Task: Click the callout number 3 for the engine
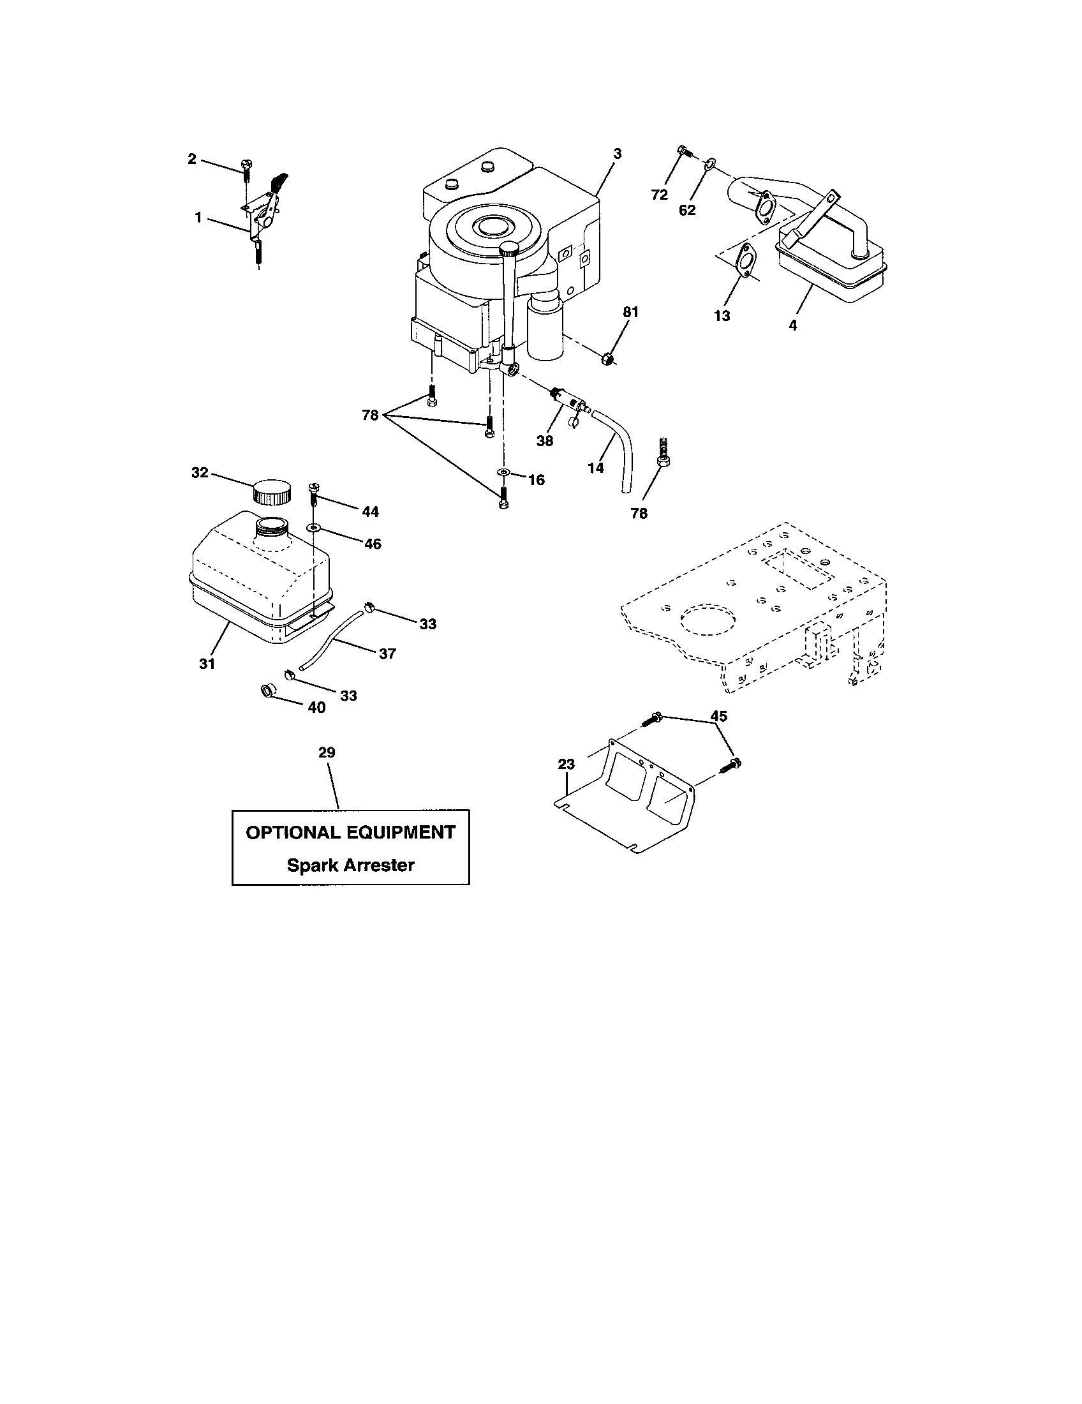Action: [x=618, y=154]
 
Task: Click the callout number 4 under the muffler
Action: [x=792, y=326]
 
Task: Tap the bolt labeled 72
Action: [x=684, y=153]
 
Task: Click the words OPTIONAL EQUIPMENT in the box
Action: [x=351, y=832]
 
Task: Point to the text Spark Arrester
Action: [x=350, y=865]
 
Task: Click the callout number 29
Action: [x=327, y=752]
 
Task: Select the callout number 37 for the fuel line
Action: [x=387, y=653]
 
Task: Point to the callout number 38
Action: [x=545, y=441]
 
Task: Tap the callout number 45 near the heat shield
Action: [x=718, y=716]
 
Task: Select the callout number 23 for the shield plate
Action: [x=566, y=765]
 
